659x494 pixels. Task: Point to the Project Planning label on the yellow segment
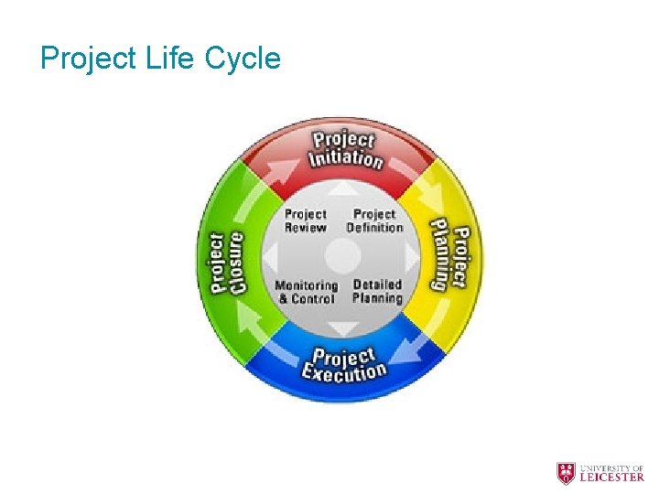[450, 258]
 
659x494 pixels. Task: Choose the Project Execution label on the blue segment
[344, 364]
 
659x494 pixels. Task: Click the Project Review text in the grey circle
[305, 220]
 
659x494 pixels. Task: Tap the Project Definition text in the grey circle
[374, 220]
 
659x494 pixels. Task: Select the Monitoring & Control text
[307, 292]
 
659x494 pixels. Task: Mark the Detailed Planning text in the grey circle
[377, 291]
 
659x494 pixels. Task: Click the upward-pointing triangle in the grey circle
[342, 188]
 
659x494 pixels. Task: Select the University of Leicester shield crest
[567, 473]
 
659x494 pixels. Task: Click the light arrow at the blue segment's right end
[414, 351]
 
